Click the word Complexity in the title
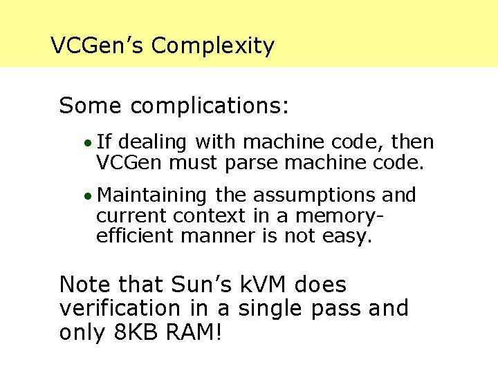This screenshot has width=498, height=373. pos(213,46)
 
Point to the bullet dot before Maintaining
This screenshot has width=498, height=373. pos(86,196)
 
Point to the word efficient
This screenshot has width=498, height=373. pos(136,236)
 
